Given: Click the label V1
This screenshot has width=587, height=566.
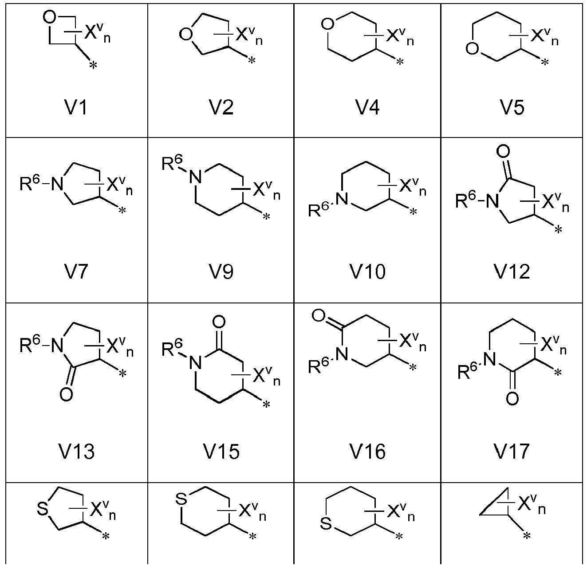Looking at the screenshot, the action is [x=76, y=107].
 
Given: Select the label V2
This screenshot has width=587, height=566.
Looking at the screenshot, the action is [x=221, y=107].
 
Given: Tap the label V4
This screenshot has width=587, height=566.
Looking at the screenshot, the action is [x=367, y=107].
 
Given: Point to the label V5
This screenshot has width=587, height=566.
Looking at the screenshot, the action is [x=512, y=107].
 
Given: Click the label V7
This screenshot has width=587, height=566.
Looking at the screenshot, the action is [x=76, y=271].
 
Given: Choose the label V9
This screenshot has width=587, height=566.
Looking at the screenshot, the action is [x=221, y=271].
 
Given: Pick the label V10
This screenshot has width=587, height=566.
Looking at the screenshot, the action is [x=367, y=271].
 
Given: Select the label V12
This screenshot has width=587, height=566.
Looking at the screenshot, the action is [x=512, y=271].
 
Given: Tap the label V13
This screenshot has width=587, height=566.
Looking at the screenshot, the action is [x=76, y=452].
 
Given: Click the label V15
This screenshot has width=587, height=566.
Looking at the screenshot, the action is [x=221, y=452].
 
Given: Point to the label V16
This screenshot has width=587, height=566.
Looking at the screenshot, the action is [x=367, y=452].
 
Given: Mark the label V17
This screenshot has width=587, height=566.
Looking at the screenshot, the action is [x=512, y=452].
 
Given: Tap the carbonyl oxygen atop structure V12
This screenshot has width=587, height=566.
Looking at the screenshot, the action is [x=503, y=151].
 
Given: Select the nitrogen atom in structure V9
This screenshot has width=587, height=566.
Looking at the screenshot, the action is [x=195, y=177].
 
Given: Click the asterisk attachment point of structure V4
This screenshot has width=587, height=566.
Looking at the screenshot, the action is [x=400, y=63].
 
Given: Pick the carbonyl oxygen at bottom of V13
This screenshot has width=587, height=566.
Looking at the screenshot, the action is [x=66, y=394].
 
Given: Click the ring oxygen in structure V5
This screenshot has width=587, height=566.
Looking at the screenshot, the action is [x=472, y=48].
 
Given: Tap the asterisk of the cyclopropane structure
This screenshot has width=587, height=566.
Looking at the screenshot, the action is [x=527, y=536].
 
